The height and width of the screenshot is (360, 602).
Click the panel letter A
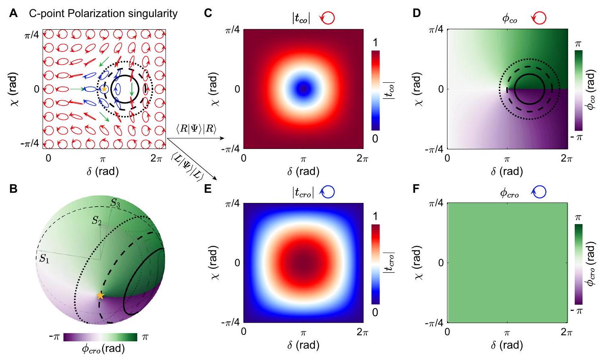tap(14, 13)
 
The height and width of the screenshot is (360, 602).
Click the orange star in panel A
tap(104, 88)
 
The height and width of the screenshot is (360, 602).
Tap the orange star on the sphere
tap(100, 295)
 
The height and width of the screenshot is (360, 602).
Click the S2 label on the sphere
tap(97, 221)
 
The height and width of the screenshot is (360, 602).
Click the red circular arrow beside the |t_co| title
tap(328, 19)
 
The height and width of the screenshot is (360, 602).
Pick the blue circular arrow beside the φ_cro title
tap(539, 192)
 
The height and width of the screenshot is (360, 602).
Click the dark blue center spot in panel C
tap(303, 88)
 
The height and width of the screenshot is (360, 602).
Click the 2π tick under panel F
tap(566, 332)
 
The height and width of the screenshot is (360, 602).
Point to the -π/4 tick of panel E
tap(230, 323)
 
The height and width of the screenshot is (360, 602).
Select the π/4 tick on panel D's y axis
tap(436, 30)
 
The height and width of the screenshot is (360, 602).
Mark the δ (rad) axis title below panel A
tap(103, 171)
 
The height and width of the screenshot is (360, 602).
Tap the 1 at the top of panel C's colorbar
tap(375, 42)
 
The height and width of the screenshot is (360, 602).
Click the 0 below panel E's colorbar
tap(375, 312)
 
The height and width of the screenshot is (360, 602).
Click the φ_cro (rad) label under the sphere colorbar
tap(103, 349)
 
